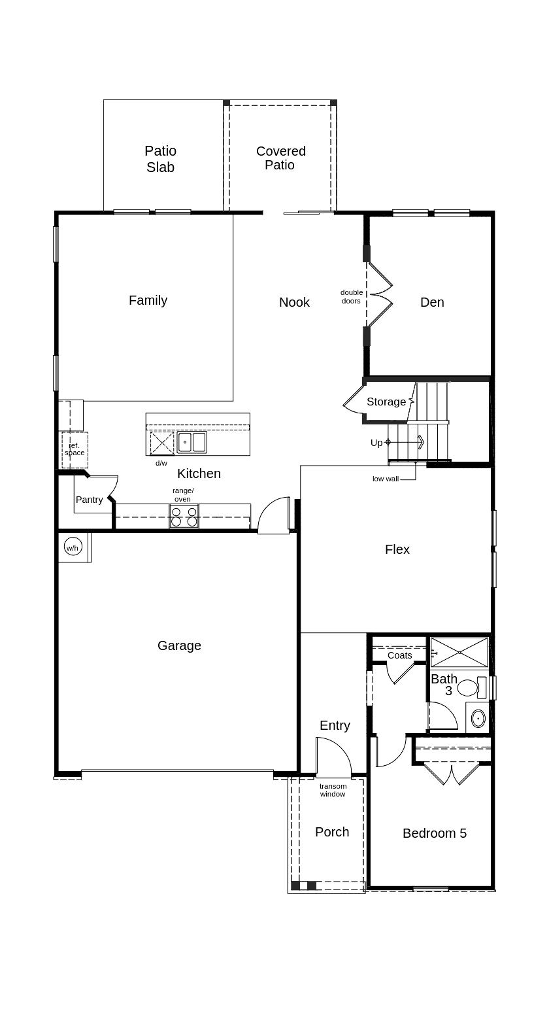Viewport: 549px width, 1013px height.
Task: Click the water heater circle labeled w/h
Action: click(x=73, y=547)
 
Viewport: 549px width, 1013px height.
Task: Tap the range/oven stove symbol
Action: click(x=184, y=516)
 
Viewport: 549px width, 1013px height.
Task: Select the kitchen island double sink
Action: click(x=191, y=442)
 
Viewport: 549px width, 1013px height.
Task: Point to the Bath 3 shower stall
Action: click(x=459, y=652)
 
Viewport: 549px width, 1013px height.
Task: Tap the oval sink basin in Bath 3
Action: click(x=478, y=718)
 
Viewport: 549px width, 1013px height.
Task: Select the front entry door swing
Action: click(x=333, y=758)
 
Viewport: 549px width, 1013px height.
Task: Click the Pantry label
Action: click(x=89, y=500)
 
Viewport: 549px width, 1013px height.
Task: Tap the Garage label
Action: click(x=179, y=645)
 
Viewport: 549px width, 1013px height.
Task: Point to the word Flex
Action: click(x=397, y=549)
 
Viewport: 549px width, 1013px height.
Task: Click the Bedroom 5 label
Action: click(x=434, y=833)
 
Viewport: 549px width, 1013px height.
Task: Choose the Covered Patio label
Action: click(x=280, y=158)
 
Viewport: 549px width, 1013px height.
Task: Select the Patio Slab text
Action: click(x=160, y=159)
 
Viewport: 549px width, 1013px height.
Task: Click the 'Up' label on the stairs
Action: click(x=376, y=443)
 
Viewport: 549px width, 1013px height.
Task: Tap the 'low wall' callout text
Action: click(x=386, y=479)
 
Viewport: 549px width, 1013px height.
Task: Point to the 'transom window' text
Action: click(x=333, y=790)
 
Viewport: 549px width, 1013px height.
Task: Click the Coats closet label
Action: click(x=399, y=655)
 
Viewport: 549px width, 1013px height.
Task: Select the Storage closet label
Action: click(x=386, y=402)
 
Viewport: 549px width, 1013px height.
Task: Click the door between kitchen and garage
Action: click(x=275, y=517)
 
